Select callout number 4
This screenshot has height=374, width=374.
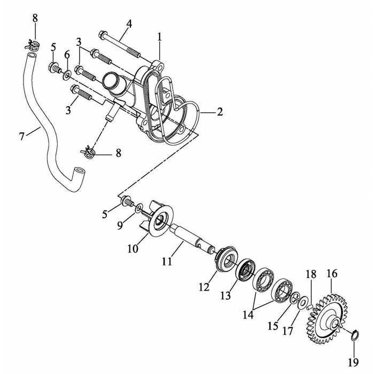tap(129, 24)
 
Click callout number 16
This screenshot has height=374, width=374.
tap(331, 274)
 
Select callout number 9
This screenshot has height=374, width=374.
tap(121, 225)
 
